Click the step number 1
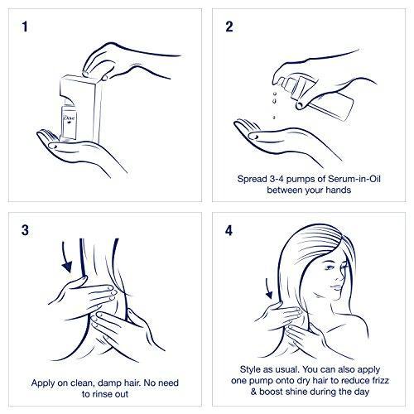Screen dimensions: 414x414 click(25, 26)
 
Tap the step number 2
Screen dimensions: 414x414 click(229, 26)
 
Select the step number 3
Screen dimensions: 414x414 click(25, 230)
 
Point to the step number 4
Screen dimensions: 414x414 click(229, 230)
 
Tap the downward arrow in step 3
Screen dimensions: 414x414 click(66, 258)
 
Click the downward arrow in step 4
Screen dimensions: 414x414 click(268, 288)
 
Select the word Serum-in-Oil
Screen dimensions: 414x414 click(354, 179)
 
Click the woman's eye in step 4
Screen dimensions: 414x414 click(330, 267)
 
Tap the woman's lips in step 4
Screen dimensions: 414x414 click(336, 287)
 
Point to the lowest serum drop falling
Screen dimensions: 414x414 click(274, 118)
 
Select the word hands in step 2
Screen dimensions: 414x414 click(339, 190)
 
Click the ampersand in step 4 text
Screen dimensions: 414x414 click(254, 392)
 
